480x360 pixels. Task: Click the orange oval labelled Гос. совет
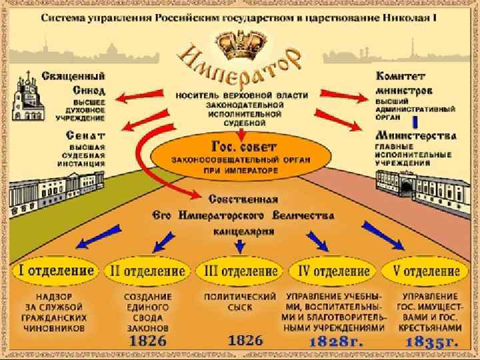239,155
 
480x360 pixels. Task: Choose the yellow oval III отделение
238,271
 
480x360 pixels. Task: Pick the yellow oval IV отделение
332,271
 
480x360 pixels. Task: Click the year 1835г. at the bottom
432,341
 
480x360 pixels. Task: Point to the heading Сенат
84,135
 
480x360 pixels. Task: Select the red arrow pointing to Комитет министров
342,98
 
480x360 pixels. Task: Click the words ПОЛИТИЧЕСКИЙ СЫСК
239,301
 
